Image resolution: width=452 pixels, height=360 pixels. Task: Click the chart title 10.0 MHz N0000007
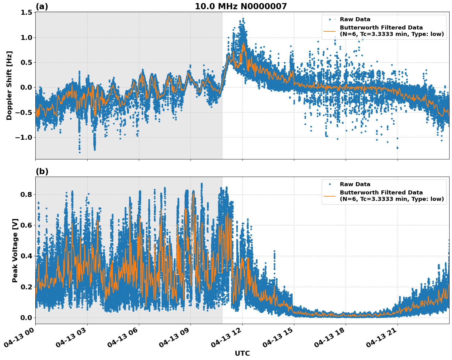coord(241,6)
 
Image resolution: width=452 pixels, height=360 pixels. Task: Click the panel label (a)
coord(42,6)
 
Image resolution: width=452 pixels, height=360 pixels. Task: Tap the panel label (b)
coord(42,171)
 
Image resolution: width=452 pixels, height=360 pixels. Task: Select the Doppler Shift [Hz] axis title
coord(9,85)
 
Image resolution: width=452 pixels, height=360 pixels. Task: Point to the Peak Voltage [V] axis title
coord(15,250)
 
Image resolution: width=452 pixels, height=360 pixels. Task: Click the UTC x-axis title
coord(242,353)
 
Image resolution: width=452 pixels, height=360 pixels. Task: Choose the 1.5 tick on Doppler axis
coord(26,13)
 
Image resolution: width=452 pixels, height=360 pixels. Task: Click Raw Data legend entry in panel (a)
coord(355,19)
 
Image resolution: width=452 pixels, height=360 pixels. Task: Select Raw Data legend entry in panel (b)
coord(355,184)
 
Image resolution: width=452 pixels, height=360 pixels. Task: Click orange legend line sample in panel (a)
coord(330,31)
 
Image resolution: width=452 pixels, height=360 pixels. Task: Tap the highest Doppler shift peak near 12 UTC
coord(243,19)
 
